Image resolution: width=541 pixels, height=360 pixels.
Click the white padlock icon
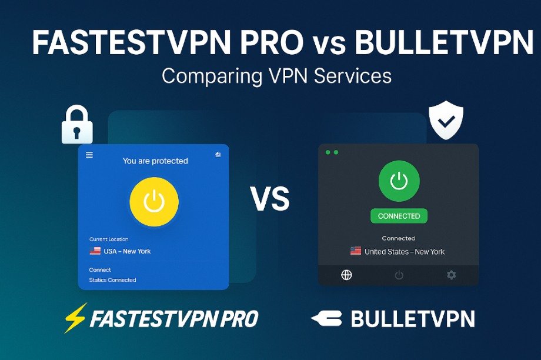(x=77, y=124)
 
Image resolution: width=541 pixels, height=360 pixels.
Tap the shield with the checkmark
(x=446, y=120)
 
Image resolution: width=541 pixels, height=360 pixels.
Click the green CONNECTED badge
(x=399, y=216)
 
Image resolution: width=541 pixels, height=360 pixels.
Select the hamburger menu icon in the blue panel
(x=89, y=155)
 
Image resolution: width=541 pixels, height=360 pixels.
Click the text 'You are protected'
(x=155, y=161)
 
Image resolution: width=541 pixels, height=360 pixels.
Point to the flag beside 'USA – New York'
(x=95, y=251)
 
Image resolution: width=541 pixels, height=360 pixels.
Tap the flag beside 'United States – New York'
(x=356, y=251)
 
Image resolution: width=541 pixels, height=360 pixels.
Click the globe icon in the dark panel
(x=346, y=275)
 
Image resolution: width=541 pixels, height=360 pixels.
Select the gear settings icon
(x=451, y=275)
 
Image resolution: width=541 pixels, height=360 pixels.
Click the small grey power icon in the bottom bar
(x=399, y=275)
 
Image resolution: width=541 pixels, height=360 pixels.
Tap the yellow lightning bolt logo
(x=75, y=318)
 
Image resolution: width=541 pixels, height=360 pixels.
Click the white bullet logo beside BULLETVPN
(x=326, y=318)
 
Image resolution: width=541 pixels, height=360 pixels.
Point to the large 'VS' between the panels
(x=270, y=199)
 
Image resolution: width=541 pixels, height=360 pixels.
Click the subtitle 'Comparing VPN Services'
(x=277, y=76)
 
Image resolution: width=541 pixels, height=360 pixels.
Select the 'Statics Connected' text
(x=112, y=280)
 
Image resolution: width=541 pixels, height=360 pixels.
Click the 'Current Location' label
(x=109, y=239)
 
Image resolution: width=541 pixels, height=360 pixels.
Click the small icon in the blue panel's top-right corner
(x=218, y=154)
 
